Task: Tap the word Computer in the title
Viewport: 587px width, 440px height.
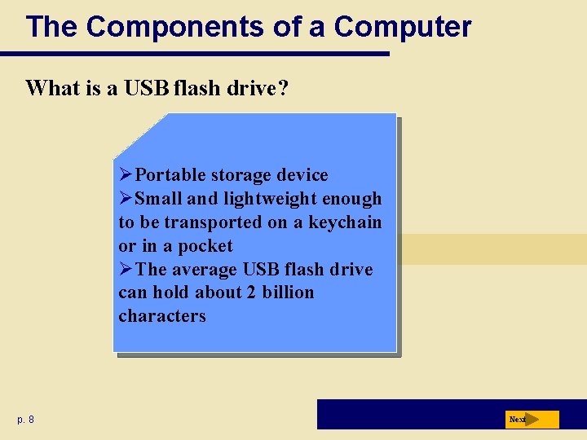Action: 403,27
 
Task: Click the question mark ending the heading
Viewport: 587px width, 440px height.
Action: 282,88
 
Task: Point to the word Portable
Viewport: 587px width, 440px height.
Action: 170,175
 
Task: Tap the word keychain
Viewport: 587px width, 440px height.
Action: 345,222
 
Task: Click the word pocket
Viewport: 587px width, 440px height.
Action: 205,246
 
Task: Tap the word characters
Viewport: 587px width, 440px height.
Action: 162,316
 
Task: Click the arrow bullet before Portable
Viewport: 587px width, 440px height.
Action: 126,175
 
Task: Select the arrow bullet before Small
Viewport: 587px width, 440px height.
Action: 126,199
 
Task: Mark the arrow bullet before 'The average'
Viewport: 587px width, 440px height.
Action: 126,269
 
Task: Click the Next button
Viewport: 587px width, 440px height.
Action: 532,420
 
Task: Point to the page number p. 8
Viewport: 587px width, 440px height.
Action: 25,420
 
